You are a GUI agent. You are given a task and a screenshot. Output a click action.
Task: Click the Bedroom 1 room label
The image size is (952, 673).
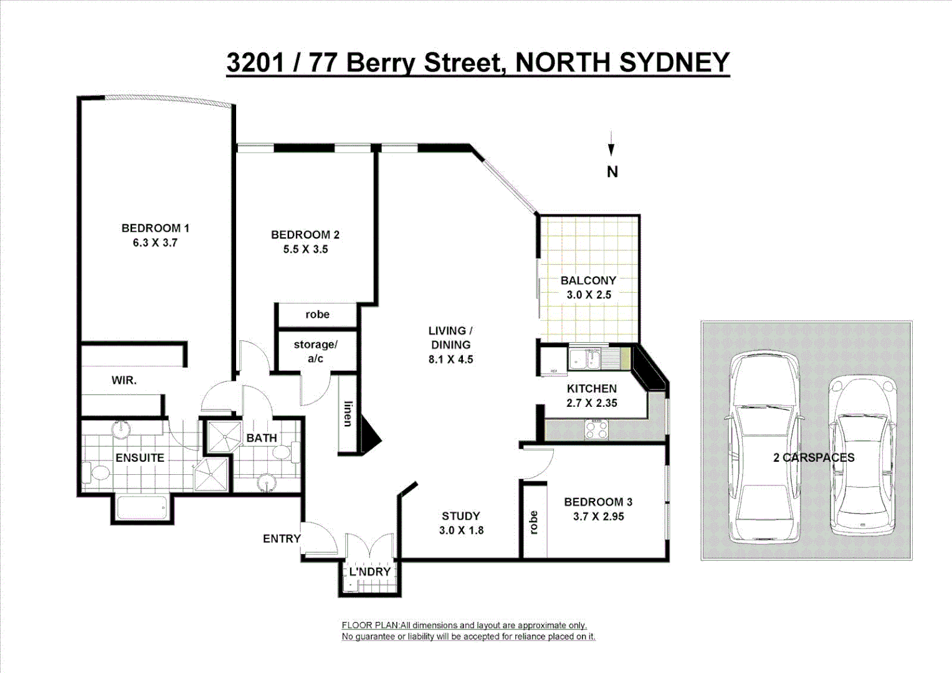pos(155,228)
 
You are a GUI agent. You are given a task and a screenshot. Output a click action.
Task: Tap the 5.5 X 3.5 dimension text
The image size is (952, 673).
pos(305,249)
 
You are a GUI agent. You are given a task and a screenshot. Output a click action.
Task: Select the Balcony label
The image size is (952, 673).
pos(588,280)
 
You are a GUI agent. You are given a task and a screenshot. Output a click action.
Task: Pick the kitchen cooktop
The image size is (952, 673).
pos(596,429)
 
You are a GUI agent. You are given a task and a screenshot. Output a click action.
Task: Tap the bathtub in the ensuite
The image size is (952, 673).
pos(141,507)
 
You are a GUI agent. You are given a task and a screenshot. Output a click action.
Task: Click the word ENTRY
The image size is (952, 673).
pos(282,538)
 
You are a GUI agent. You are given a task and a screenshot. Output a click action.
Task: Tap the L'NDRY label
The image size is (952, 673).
pos(369,571)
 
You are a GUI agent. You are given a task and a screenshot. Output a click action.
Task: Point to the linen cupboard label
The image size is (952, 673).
pos(348,414)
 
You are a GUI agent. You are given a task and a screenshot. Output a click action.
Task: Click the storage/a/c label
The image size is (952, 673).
pos(315,351)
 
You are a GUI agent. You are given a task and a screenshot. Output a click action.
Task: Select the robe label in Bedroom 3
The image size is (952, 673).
pos(533,523)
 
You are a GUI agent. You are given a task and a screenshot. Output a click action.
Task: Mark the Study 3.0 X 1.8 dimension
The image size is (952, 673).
pos(461,530)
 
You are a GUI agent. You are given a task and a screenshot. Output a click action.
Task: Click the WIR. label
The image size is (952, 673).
pos(124,380)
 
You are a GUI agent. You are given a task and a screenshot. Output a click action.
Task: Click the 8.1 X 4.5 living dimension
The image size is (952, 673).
pos(450,360)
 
